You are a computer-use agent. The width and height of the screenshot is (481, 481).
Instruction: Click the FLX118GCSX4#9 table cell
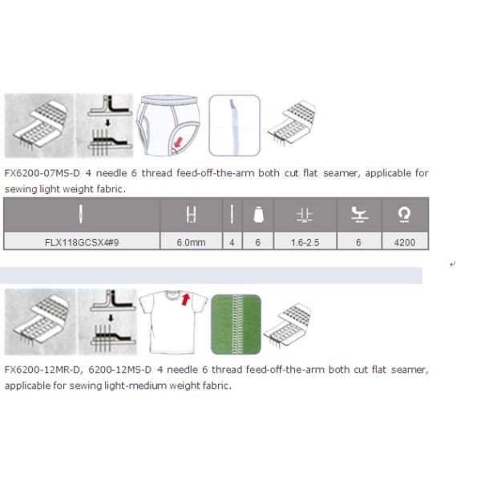point(81,241)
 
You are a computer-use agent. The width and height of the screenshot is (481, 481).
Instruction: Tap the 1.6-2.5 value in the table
point(304,241)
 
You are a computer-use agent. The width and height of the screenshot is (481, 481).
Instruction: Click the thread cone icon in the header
point(258,215)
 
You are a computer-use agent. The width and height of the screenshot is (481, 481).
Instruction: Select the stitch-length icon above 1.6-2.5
point(304,215)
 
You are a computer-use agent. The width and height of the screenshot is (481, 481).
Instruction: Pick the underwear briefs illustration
point(169,125)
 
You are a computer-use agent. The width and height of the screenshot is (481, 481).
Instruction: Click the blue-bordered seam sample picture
point(234,125)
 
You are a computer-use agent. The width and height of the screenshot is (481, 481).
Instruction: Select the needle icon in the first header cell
point(81,215)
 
